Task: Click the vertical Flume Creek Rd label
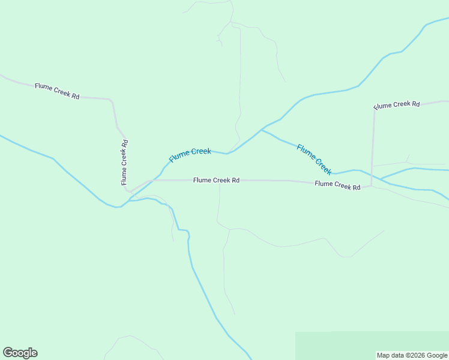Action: [124, 162]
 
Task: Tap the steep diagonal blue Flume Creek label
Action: [314, 159]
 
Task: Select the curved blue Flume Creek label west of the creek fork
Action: [190, 155]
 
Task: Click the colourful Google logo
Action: [20, 353]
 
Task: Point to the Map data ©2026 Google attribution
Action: [412, 355]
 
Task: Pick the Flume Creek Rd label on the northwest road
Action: [57, 91]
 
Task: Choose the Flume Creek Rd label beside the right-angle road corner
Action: [397, 105]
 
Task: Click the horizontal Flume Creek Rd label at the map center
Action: [216, 180]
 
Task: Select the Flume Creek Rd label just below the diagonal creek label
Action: [337, 185]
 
